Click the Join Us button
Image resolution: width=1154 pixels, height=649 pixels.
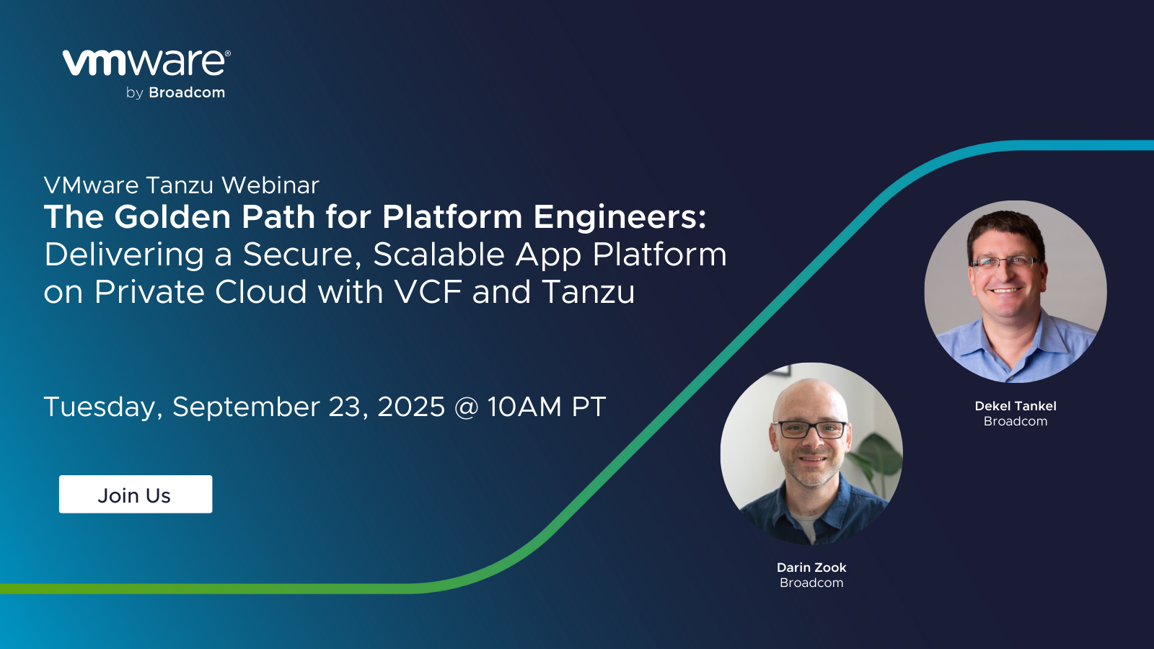[x=136, y=494]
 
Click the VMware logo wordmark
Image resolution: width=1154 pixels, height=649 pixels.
[x=146, y=63]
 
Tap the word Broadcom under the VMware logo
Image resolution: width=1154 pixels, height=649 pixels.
[x=187, y=93]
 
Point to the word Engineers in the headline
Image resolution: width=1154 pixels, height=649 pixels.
[x=620, y=218]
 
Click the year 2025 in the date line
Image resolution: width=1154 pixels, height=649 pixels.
[x=411, y=407]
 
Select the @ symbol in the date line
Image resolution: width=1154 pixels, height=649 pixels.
[x=466, y=407]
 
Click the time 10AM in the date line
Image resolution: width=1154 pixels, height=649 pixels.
[x=524, y=407]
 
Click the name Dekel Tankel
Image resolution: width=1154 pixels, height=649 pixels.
[x=1016, y=406]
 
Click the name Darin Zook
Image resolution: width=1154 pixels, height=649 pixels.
[x=811, y=568]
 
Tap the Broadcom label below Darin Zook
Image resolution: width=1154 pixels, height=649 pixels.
[x=811, y=583]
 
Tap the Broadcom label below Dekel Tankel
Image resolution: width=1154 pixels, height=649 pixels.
[x=1016, y=421]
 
